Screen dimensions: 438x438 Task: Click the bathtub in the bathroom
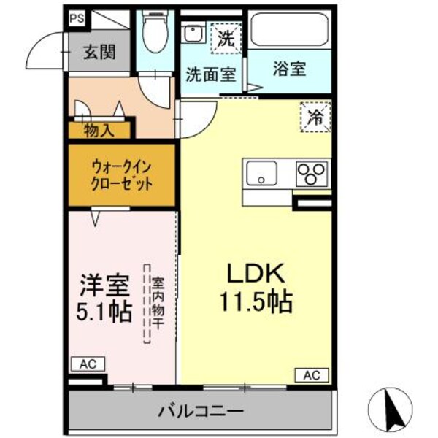pyautogui.click(x=290, y=33)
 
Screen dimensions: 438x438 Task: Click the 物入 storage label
pyautogui.click(x=99, y=131)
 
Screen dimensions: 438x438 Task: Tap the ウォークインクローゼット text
pyautogui.click(x=122, y=175)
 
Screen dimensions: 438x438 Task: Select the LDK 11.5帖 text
pyautogui.click(x=253, y=287)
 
